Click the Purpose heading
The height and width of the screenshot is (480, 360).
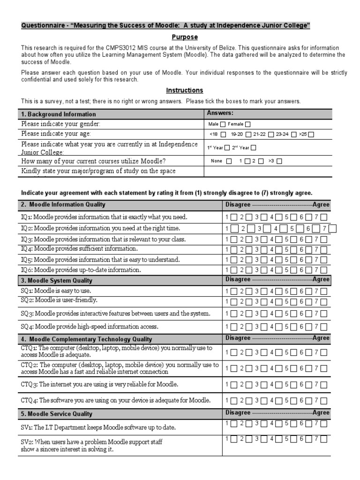tap(184, 37)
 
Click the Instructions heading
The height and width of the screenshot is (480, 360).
tap(184, 90)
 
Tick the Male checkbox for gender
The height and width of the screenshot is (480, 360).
tap(223, 124)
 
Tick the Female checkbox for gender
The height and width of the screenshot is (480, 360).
tap(247, 124)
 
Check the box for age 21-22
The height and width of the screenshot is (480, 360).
tap(270, 135)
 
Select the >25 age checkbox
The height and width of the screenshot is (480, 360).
tap(311, 135)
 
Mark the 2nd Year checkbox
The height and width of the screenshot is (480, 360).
tap(254, 148)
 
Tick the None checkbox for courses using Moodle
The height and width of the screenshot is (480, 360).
tap(229, 161)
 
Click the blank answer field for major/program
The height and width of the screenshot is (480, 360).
tap(268, 172)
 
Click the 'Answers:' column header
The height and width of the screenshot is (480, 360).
tap(220, 113)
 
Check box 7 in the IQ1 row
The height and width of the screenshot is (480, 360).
tap(324, 217)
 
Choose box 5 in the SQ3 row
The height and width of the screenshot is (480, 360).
tap(294, 314)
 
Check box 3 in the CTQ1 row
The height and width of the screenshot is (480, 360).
tap(264, 352)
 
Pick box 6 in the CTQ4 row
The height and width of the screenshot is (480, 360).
tap(309, 401)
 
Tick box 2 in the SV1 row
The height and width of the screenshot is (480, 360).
tap(249, 424)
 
